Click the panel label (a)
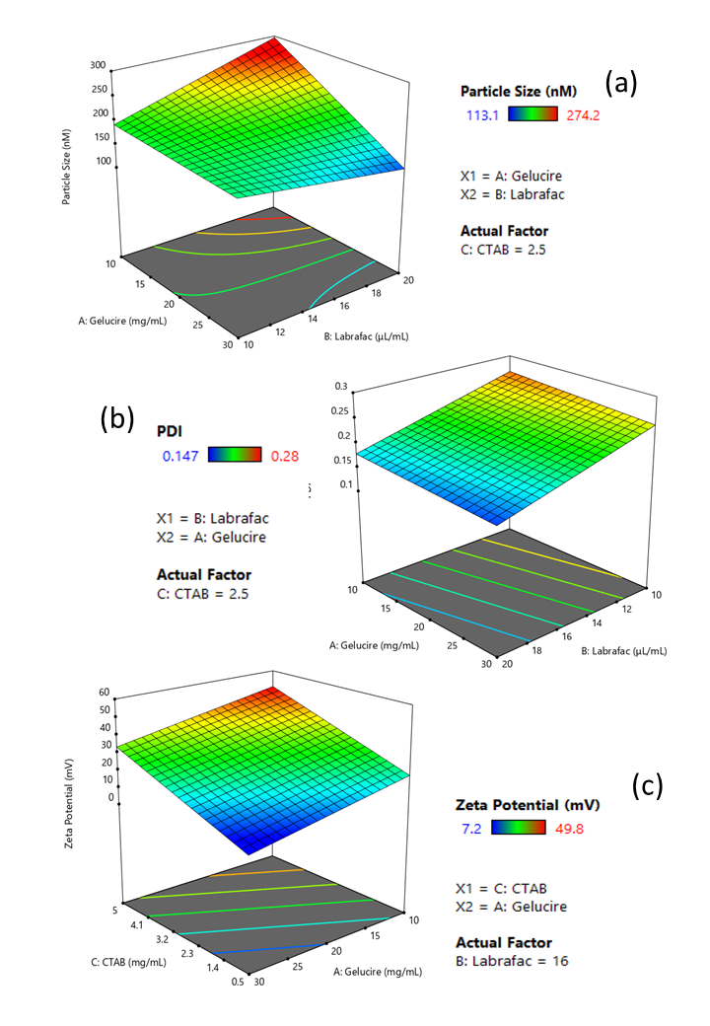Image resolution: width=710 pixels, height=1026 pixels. click(x=621, y=83)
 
